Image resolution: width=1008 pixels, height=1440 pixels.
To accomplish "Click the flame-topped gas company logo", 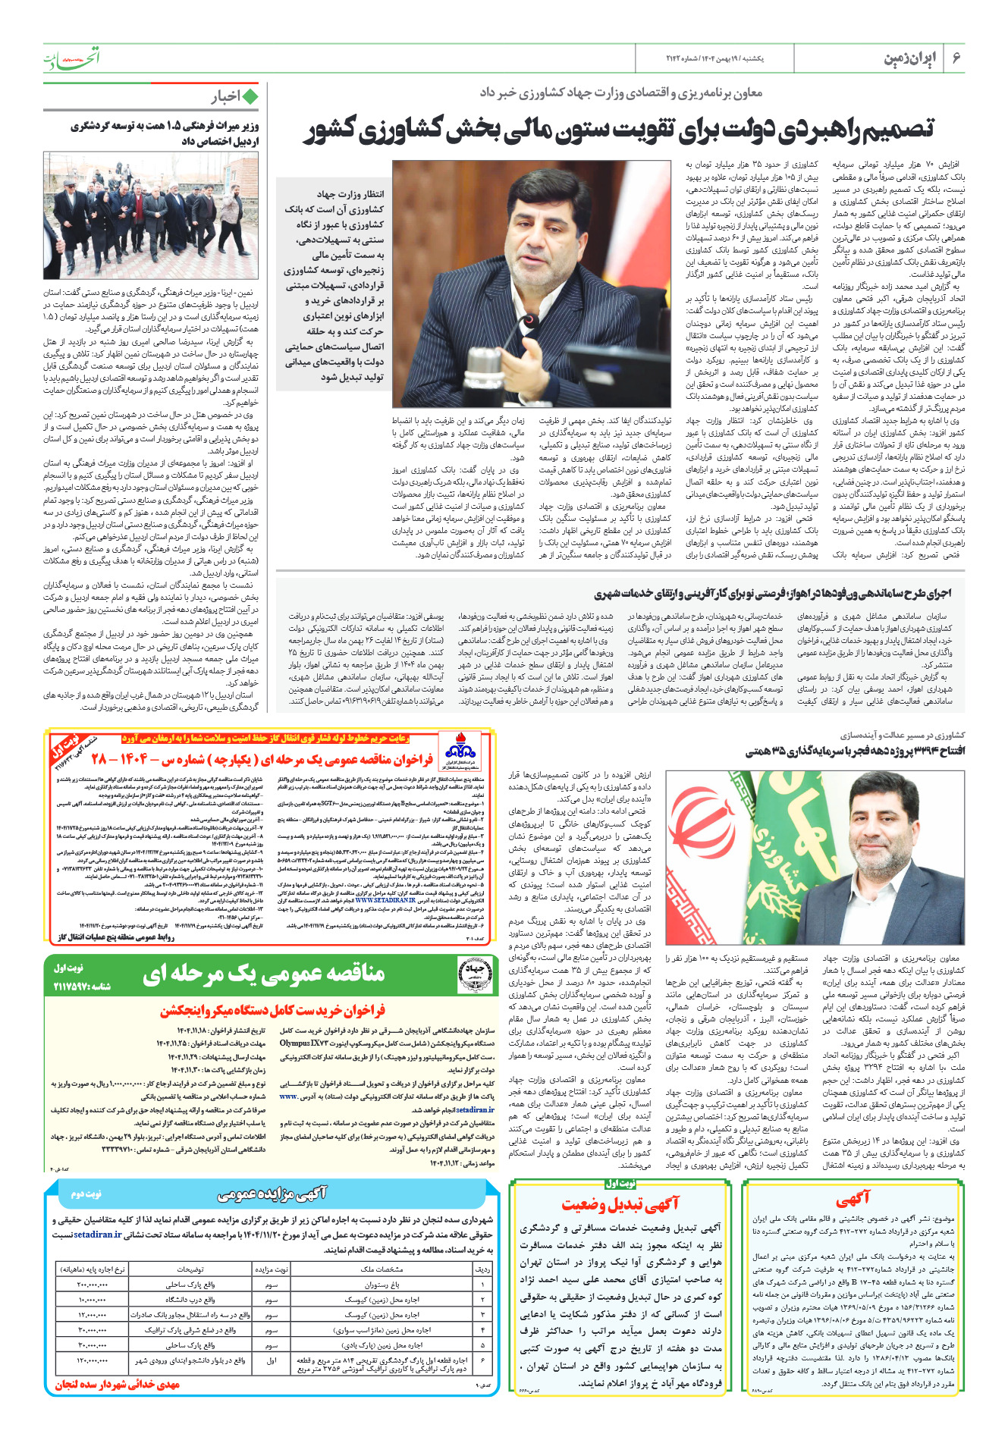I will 460,749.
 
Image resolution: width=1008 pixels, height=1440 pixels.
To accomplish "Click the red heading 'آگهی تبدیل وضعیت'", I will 620,1204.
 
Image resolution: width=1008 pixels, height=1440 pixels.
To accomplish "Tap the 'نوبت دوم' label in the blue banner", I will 86,1194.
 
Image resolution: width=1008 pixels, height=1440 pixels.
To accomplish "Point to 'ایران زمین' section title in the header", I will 910,58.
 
